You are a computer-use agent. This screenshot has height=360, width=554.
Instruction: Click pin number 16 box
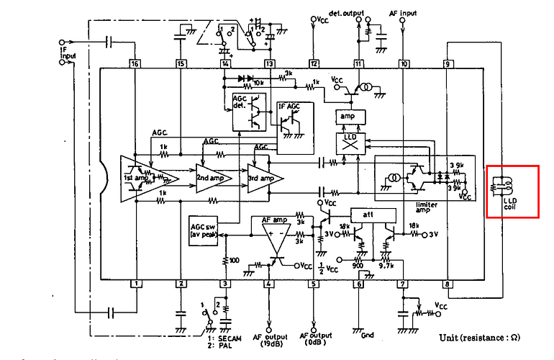tap(134, 63)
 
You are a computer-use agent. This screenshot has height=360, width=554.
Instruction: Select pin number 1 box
tap(134, 284)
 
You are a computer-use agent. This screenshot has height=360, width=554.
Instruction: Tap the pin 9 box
tap(447, 63)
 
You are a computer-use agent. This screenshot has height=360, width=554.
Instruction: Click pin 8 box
tap(447, 284)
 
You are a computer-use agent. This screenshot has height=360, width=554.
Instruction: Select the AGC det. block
tap(245, 111)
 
